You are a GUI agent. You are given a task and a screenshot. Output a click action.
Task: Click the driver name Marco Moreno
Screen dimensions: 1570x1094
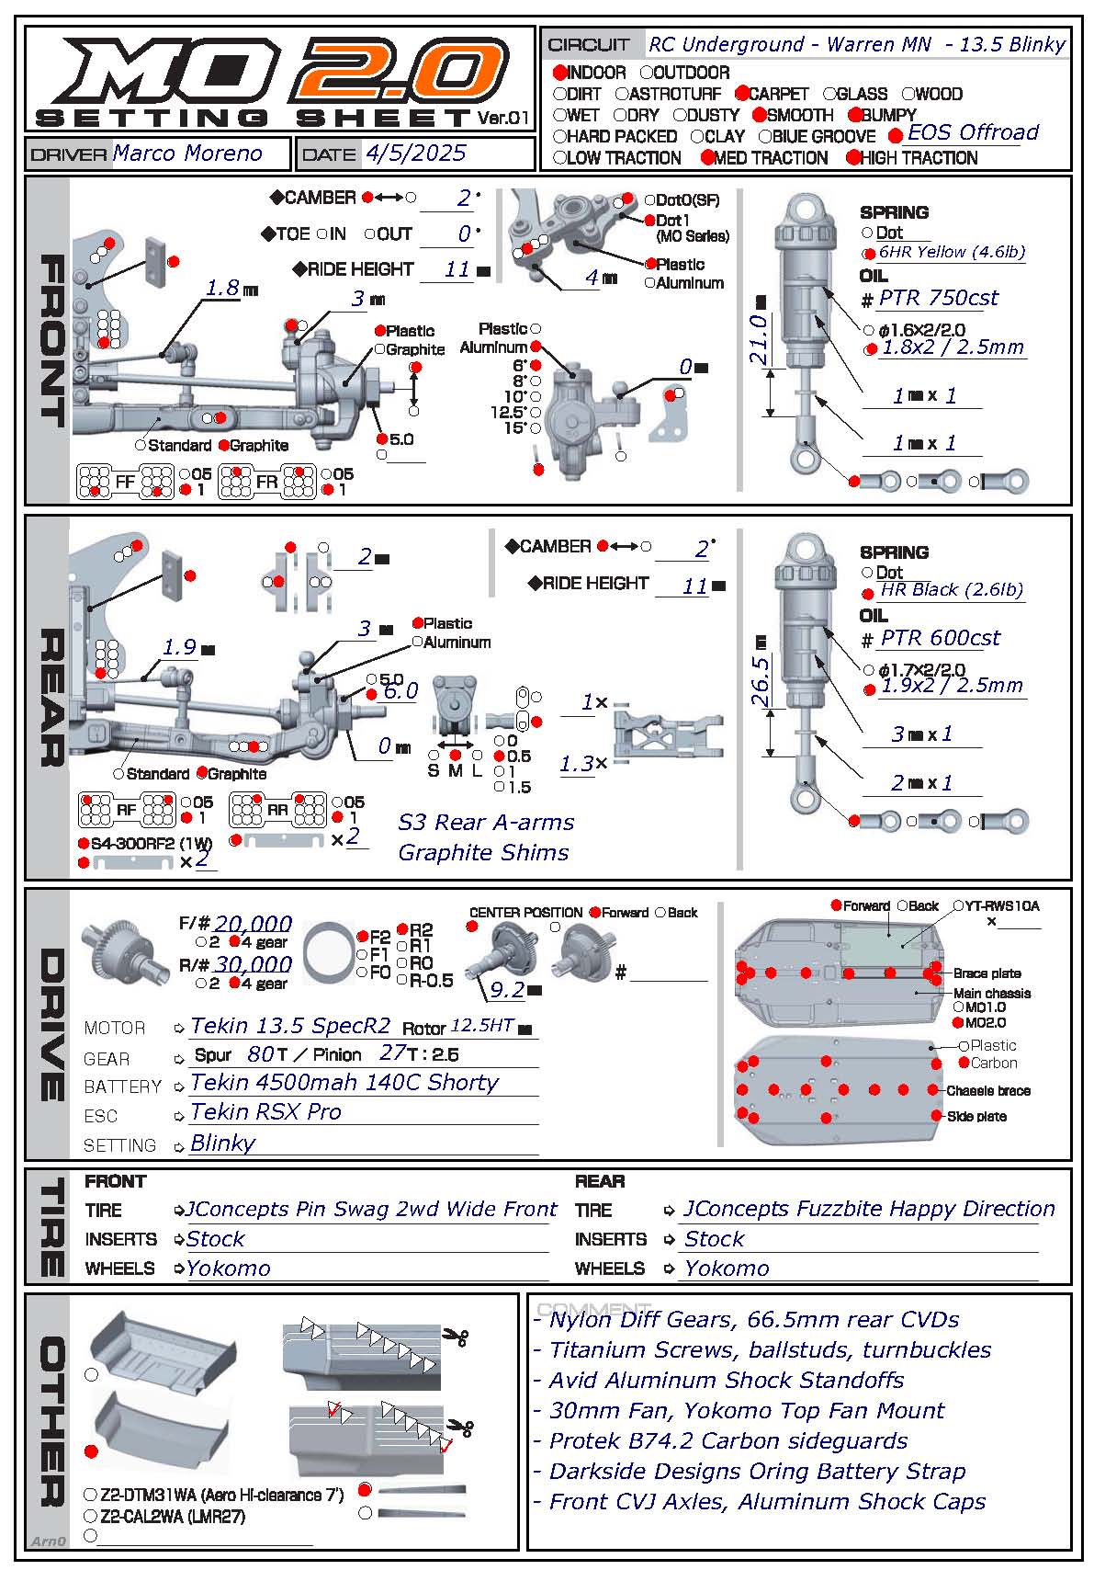tap(187, 154)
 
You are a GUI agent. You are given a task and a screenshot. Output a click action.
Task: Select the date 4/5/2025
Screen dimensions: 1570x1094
tap(415, 154)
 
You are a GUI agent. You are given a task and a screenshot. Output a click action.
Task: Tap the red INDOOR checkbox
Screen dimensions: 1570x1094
tap(559, 73)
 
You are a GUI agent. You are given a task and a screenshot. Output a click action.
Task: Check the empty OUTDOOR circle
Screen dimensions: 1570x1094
tap(647, 73)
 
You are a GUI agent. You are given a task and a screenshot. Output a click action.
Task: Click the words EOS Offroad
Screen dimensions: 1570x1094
tap(972, 133)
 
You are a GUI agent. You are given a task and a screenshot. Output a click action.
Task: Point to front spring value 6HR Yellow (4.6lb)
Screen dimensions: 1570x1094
tap(951, 252)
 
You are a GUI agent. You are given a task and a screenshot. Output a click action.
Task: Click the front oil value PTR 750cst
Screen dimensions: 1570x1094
tap(938, 298)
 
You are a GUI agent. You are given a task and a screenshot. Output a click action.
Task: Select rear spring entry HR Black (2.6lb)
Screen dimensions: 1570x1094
tap(951, 590)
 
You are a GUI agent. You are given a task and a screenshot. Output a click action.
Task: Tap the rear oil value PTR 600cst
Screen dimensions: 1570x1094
tap(940, 638)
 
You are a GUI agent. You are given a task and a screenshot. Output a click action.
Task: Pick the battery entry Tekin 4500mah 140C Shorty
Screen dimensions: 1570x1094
tap(344, 1083)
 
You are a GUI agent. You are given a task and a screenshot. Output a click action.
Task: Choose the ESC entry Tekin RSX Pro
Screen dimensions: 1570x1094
tap(265, 1112)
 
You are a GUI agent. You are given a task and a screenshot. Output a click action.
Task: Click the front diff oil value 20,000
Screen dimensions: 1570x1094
tap(253, 924)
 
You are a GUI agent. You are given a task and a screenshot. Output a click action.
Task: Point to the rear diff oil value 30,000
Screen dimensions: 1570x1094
tap(253, 964)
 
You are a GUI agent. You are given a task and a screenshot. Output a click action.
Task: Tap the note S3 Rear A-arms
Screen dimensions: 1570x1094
tap(486, 823)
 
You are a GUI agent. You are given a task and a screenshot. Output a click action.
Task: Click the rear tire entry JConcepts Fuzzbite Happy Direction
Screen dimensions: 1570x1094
tap(868, 1209)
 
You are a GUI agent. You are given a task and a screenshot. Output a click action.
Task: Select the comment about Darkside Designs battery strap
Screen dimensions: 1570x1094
tap(757, 1472)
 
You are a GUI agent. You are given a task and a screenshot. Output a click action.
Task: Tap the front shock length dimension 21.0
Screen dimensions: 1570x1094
tap(758, 339)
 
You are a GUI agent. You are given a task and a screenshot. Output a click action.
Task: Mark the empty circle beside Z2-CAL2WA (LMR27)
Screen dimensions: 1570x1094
tap(90, 1516)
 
